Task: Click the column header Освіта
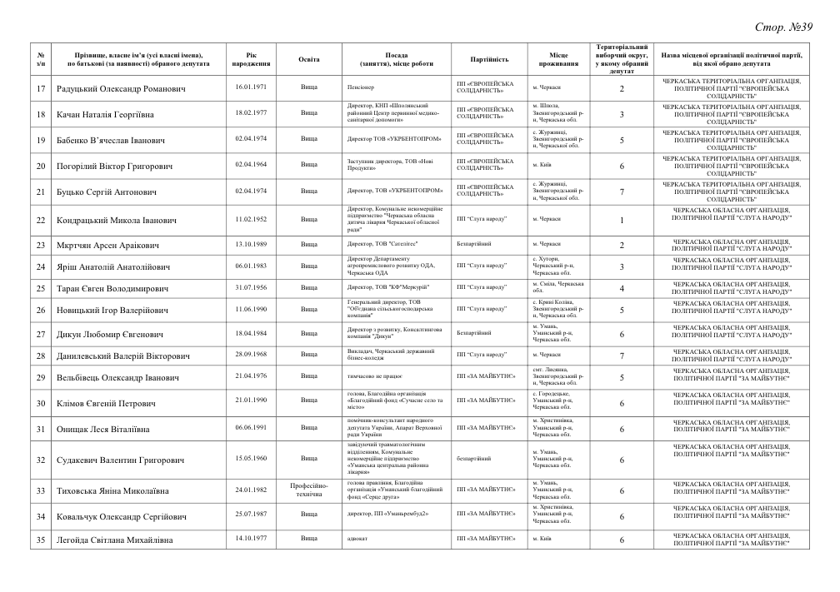click(308, 59)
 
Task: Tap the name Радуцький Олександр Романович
click(121, 88)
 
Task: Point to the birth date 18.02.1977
click(250, 112)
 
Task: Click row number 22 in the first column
click(41, 220)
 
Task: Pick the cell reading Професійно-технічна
click(308, 490)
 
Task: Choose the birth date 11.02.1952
click(250, 219)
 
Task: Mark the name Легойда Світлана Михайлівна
click(115, 540)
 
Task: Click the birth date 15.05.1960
click(250, 458)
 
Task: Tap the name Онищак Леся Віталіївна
click(103, 430)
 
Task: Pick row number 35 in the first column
click(41, 540)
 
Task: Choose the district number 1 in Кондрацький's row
click(622, 220)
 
